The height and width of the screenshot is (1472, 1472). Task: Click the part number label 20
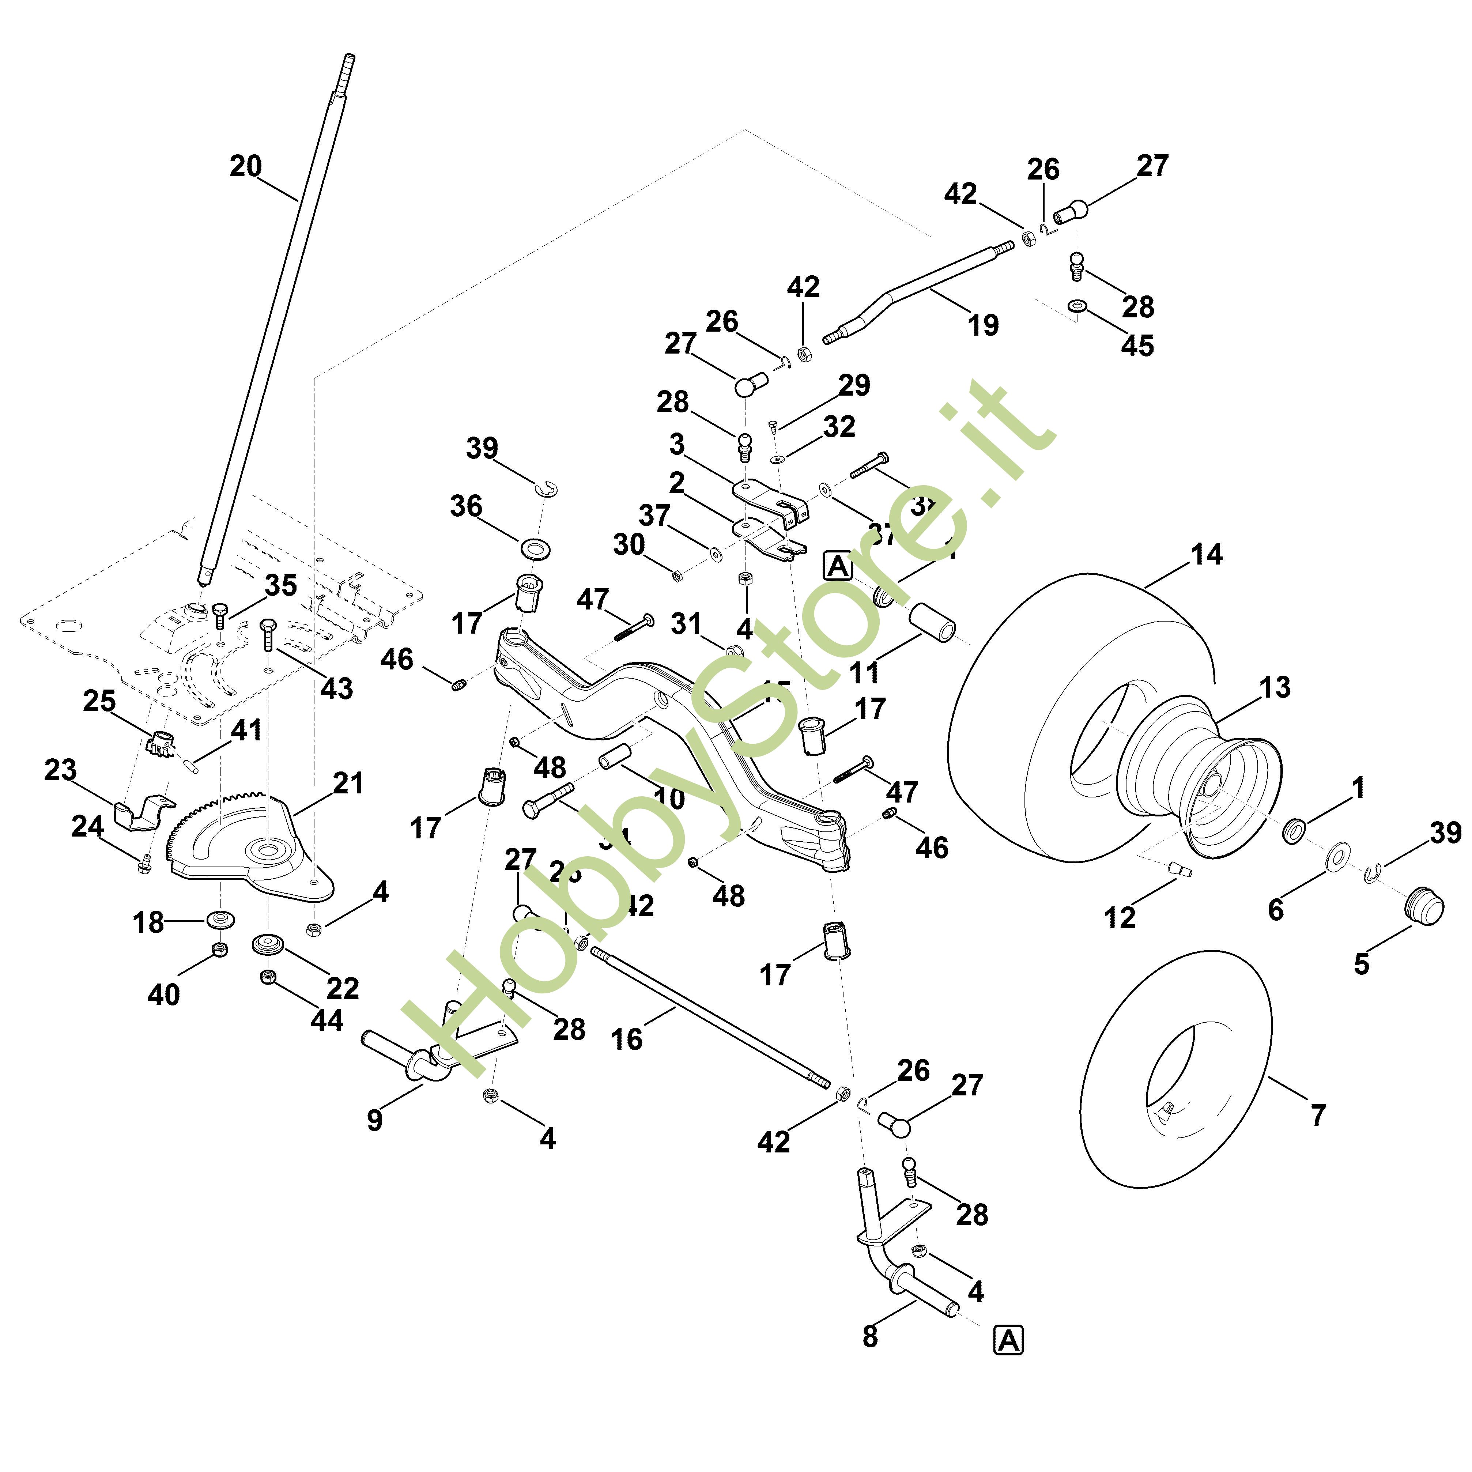point(245,166)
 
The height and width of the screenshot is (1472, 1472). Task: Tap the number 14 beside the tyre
point(1206,555)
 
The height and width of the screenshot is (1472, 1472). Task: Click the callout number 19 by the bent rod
point(983,325)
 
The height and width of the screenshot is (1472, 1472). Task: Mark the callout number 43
point(336,688)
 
